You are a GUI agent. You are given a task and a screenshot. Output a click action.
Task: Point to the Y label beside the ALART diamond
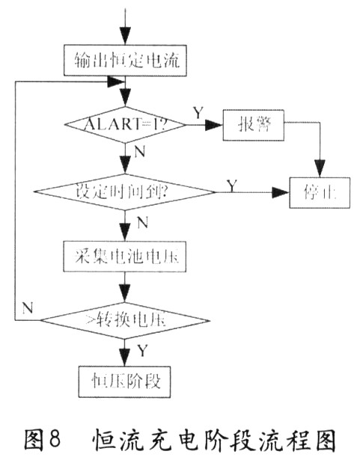click(198, 113)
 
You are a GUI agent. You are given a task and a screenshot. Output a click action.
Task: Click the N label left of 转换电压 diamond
click(28, 307)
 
